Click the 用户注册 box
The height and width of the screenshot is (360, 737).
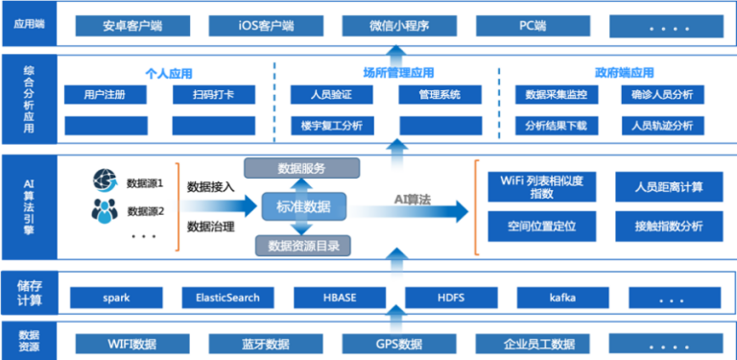106,95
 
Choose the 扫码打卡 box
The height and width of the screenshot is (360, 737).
214,95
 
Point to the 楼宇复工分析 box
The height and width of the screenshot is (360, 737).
331,126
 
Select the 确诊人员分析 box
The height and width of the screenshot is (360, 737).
662,95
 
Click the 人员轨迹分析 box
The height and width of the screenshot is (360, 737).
662,126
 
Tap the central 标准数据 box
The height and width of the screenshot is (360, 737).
303,206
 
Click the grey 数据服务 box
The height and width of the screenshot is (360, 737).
302,169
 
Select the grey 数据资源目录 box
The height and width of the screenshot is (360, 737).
302,246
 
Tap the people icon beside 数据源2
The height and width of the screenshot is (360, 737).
105,209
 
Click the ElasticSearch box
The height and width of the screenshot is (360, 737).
221,298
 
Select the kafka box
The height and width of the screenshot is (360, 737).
562,298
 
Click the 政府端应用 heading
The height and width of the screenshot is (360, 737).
624,73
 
